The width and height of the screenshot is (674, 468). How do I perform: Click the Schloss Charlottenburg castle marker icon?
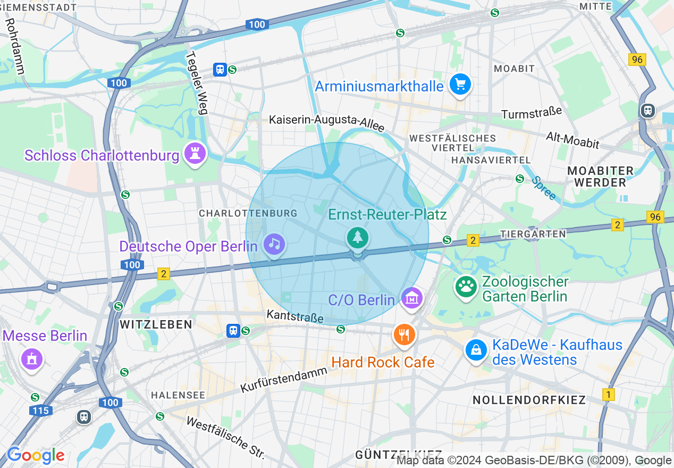pyautogui.click(x=195, y=154)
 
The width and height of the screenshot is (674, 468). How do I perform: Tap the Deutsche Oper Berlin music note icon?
pyautogui.click(x=274, y=244)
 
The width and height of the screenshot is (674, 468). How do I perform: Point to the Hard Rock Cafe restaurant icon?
pyautogui.click(x=404, y=335)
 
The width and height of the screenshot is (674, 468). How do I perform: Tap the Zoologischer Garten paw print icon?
pyautogui.click(x=466, y=287)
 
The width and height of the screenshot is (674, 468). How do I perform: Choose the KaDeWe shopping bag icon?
pyautogui.click(x=476, y=350)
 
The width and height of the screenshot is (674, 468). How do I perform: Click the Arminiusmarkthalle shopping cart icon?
pyautogui.click(x=460, y=84)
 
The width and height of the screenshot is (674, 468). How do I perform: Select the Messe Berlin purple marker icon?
pyautogui.click(x=31, y=358)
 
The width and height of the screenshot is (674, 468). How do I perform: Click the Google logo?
pyautogui.click(x=36, y=455)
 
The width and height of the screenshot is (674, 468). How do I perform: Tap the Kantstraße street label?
pyautogui.click(x=295, y=316)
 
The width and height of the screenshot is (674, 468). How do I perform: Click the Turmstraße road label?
pyautogui.click(x=532, y=113)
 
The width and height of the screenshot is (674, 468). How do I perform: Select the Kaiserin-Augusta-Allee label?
pyautogui.click(x=326, y=123)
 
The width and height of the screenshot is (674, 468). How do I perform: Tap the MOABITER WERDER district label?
pyautogui.click(x=600, y=177)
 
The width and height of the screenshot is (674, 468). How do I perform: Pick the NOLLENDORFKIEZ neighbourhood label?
pyautogui.click(x=529, y=400)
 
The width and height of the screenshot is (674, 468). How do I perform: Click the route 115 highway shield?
pyautogui.click(x=40, y=411)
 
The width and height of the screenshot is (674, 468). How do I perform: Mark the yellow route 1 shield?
pyautogui.click(x=609, y=395)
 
